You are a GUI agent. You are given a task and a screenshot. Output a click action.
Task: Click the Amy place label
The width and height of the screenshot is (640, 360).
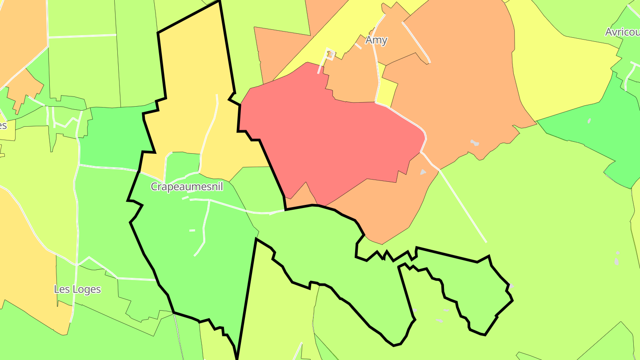[x=376, y=40]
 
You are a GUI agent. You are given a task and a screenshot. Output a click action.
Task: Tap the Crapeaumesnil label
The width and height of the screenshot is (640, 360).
[x=187, y=187]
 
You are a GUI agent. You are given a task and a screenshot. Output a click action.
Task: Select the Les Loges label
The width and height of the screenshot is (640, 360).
[x=77, y=289]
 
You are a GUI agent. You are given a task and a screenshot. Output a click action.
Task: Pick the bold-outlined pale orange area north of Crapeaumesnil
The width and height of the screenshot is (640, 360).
[x=196, y=89]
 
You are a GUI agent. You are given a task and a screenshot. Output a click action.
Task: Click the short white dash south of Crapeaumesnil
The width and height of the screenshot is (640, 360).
[x=192, y=230]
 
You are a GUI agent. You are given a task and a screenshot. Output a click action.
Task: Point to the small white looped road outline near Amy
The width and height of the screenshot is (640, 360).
[x=330, y=54]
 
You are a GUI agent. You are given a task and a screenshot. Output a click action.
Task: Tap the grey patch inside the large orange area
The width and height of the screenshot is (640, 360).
[x=475, y=143]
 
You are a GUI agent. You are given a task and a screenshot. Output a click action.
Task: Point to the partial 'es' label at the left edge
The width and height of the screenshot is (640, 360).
[x=3, y=125]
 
